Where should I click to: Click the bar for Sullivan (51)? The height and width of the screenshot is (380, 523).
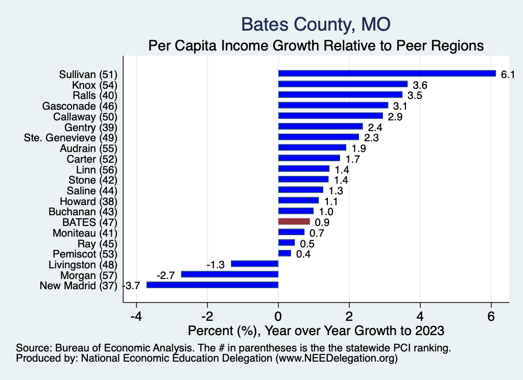coord(387,73)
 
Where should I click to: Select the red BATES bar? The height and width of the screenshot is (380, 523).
coord(294,221)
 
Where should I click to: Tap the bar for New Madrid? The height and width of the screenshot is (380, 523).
coord(212,285)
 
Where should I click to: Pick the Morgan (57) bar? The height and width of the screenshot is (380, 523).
coord(229,274)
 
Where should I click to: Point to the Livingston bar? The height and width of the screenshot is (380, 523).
coord(254,264)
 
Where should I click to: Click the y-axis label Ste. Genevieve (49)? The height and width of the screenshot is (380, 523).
coord(71,138)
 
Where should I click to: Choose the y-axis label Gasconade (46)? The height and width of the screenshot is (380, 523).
coord(80,106)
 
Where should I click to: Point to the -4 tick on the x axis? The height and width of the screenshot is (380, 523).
coord(136,316)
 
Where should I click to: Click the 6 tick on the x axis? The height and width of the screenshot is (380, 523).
coord(491,316)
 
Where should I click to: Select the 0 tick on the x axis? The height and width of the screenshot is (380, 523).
coord(278,316)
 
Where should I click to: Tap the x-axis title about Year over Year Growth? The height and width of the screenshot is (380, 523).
coord(316,331)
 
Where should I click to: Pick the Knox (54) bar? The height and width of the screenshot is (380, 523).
coord(343,84)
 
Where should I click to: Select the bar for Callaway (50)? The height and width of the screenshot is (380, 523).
coord(330,116)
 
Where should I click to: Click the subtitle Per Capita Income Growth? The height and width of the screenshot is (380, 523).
coord(316,46)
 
